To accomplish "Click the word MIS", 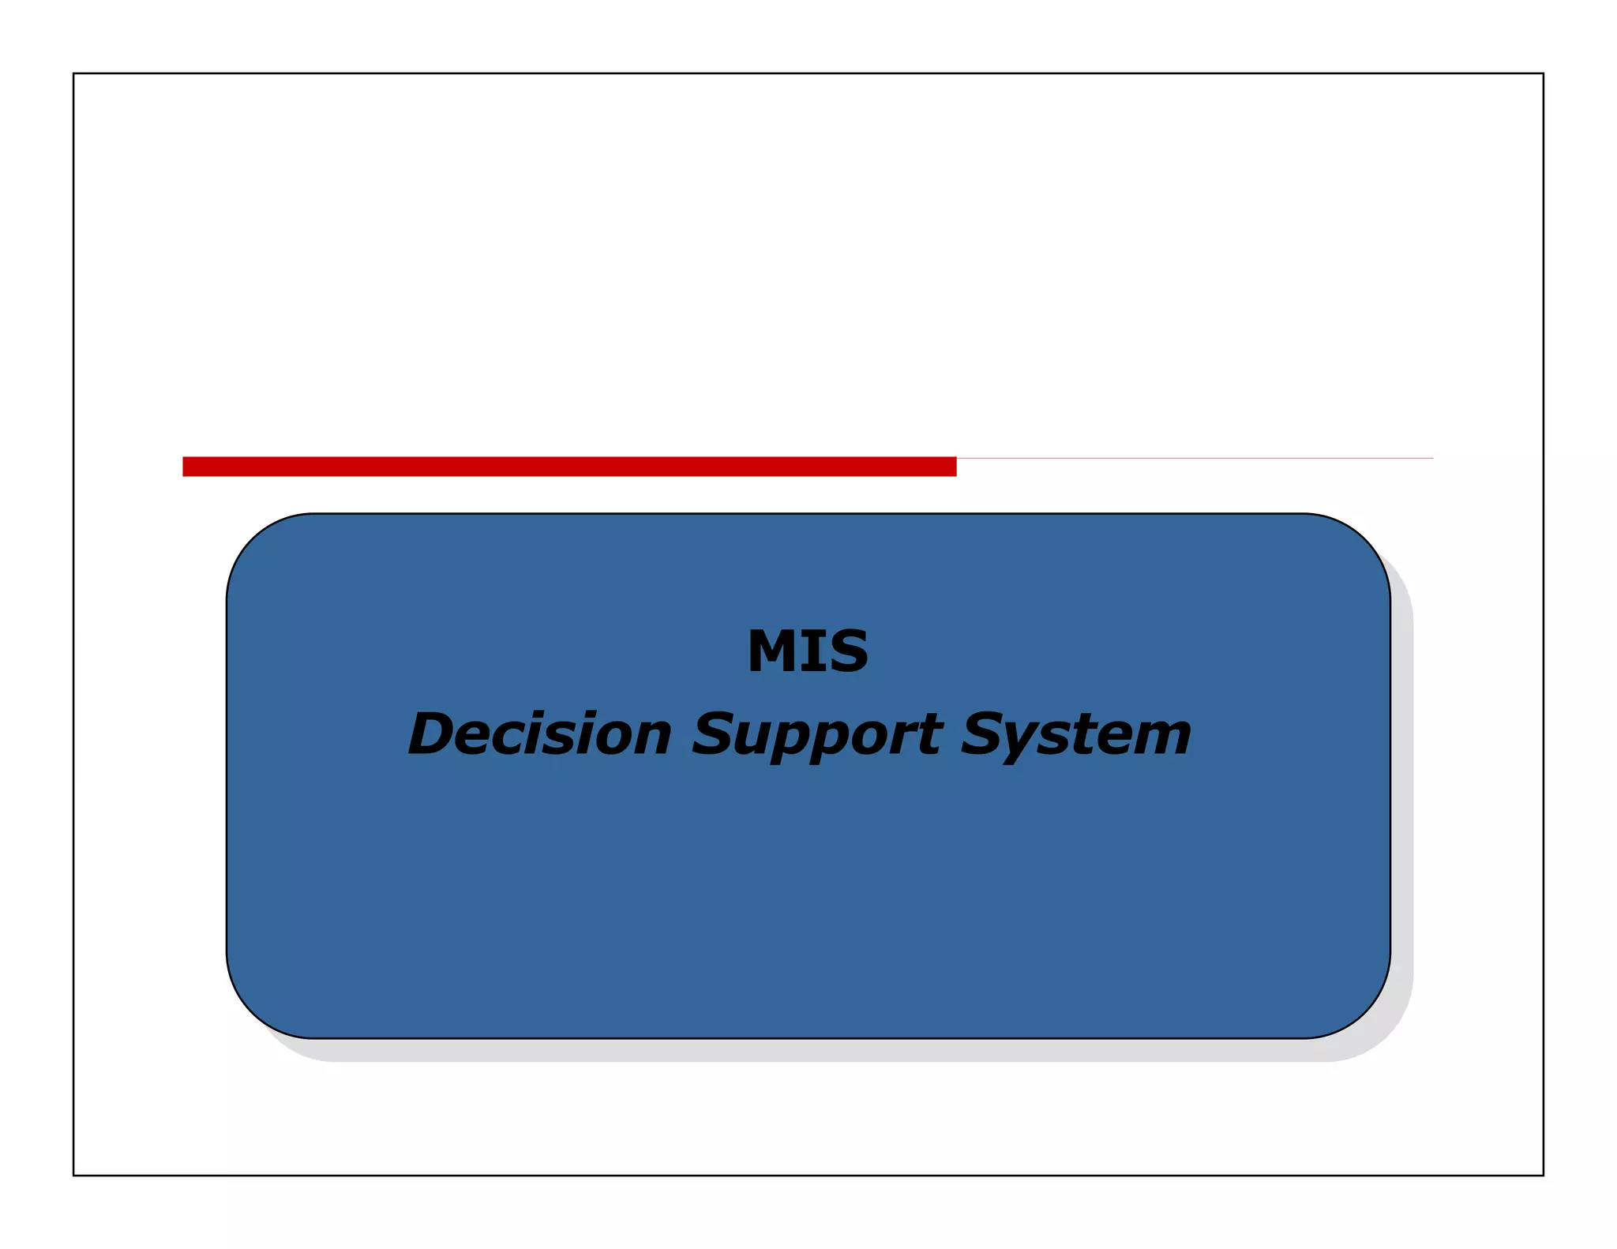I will pos(808,651).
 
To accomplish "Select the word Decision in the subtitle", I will pos(539,733).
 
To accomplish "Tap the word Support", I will pos(816,735).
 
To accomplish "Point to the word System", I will pos(1075,735).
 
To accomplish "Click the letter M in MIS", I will pos(771,651).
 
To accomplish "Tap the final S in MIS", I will pos(847,651).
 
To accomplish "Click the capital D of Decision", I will pos(435,733).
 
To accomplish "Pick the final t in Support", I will pos(932,734).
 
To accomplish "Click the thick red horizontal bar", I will pos(568,467).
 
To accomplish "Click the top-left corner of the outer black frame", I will pos(73,73).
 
